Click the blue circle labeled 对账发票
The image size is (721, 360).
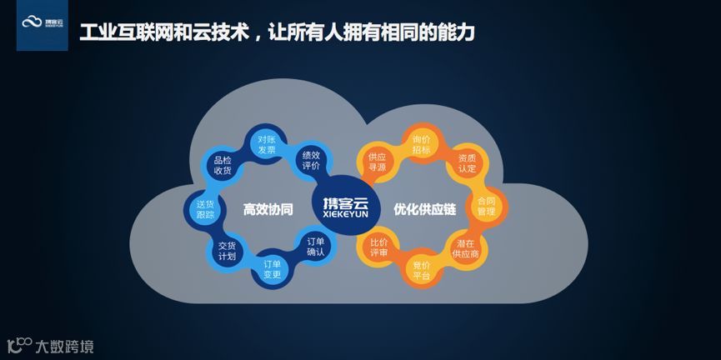(x=267, y=145)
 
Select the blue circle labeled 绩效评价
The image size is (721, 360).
(x=312, y=160)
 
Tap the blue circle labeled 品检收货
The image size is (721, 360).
(x=223, y=165)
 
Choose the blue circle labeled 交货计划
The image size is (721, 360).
(x=227, y=251)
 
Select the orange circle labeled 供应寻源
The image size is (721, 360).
(x=377, y=162)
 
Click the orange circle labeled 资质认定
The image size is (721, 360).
(x=467, y=163)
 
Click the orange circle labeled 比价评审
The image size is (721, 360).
(x=378, y=247)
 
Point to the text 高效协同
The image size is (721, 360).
(x=268, y=209)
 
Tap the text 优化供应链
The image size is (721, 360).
(x=423, y=209)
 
